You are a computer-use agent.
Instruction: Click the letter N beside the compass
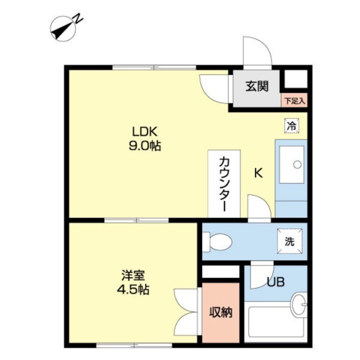(x=78, y=18)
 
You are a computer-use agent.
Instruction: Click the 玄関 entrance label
(x=257, y=86)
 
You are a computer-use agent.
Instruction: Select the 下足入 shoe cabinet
(x=294, y=100)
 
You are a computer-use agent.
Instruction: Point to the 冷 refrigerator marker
(x=292, y=126)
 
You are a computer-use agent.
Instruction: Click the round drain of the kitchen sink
(x=297, y=164)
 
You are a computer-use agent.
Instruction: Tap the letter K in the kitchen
(x=258, y=173)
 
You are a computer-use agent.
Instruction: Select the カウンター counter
(x=224, y=184)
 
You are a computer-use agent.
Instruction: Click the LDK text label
(x=144, y=132)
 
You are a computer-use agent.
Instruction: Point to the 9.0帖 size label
(x=144, y=145)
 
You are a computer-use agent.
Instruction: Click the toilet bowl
(x=218, y=242)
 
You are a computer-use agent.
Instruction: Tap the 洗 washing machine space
(x=289, y=241)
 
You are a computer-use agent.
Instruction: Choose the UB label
(x=276, y=282)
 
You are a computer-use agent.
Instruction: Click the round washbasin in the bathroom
(x=299, y=305)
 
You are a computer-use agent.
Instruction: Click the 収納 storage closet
(x=220, y=312)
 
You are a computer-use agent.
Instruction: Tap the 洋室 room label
(x=133, y=275)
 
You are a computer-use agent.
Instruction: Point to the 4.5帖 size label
(x=133, y=289)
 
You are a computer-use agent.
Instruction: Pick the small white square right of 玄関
(x=296, y=79)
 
